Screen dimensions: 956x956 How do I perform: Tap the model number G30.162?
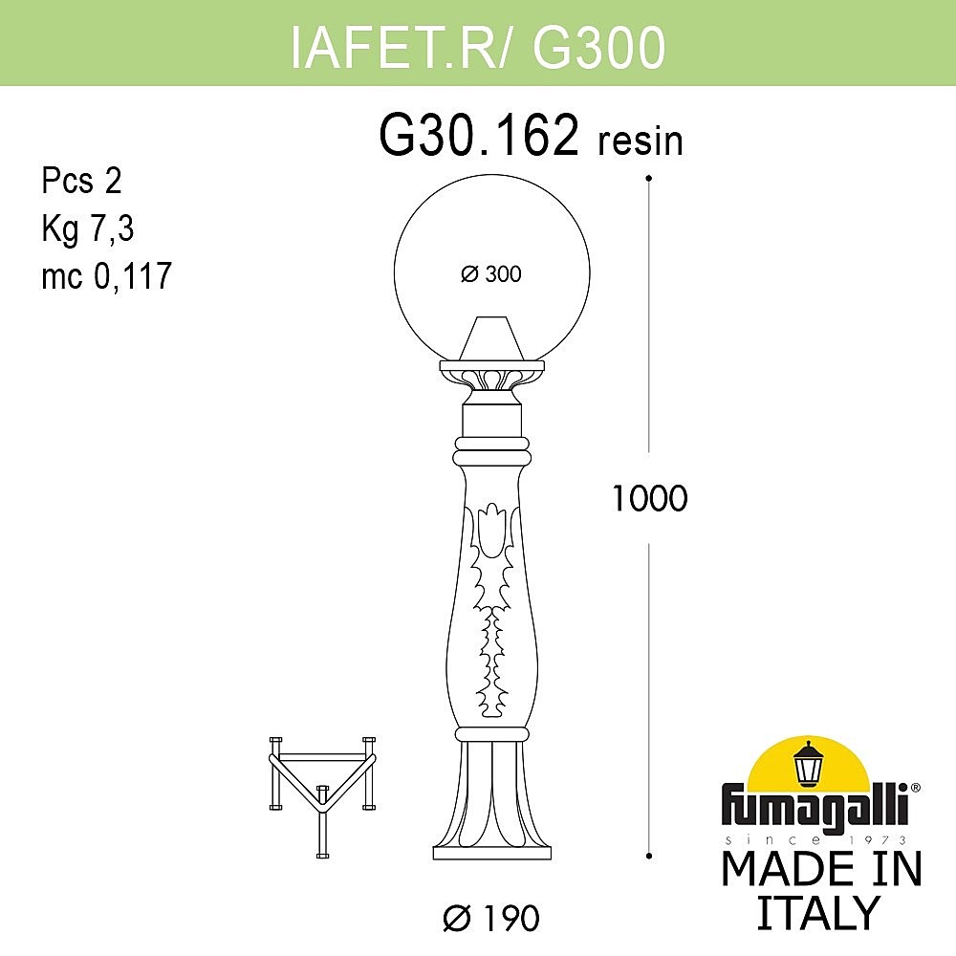coord(479,137)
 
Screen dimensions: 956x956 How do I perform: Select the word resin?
coord(641,141)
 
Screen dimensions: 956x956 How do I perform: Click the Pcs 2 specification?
coord(81,181)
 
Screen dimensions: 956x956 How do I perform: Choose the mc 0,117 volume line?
coord(105,276)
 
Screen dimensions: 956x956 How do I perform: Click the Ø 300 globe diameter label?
coord(491,274)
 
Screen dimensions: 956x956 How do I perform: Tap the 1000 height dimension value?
coord(649,498)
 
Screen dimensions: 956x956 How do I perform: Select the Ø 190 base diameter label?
coord(491,919)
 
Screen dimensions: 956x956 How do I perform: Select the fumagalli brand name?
coord(818,802)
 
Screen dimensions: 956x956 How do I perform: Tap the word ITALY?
coord(817,913)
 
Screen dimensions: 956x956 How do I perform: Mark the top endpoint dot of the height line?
coord(649,179)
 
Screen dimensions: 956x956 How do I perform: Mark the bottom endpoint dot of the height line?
coord(649,854)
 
